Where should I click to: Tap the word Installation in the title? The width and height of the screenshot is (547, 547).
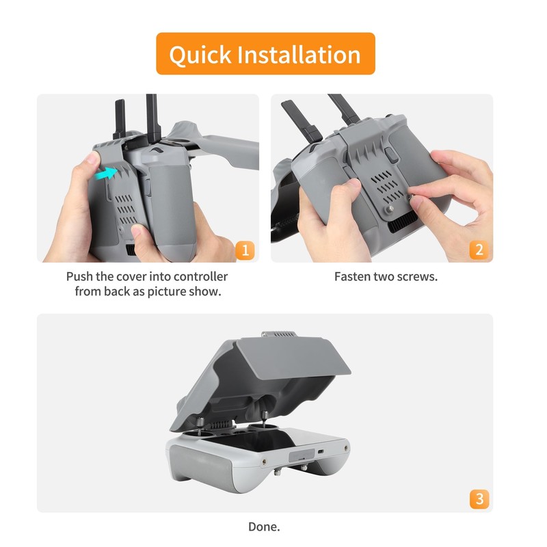[x=296, y=54]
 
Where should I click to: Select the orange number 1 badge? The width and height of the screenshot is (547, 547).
[x=244, y=250]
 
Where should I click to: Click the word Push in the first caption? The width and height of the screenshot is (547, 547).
[x=79, y=277]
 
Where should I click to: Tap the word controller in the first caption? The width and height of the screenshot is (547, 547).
[x=196, y=277]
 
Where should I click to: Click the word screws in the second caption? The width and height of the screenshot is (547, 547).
[x=419, y=277]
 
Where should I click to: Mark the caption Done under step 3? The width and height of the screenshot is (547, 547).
[x=264, y=527]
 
